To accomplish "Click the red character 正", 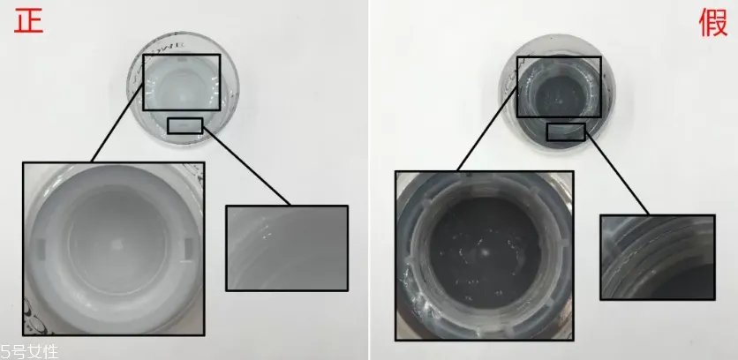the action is point(29,22).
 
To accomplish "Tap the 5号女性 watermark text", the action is point(29,352).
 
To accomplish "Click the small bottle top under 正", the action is point(183,87).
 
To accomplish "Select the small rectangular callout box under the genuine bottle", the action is point(185,125).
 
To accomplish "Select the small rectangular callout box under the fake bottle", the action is point(566,131).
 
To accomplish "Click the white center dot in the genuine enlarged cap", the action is point(117,244).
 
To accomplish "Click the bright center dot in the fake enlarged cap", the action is point(485,252).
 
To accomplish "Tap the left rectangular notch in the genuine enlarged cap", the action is point(41,249).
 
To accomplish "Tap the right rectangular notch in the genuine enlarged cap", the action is point(188,249).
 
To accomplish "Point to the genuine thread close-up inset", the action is point(287,248).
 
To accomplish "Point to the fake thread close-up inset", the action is point(658,257).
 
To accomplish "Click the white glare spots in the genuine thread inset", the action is point(265,228).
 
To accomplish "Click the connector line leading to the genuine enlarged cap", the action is point(117,124).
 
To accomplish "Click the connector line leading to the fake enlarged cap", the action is point(487,130).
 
